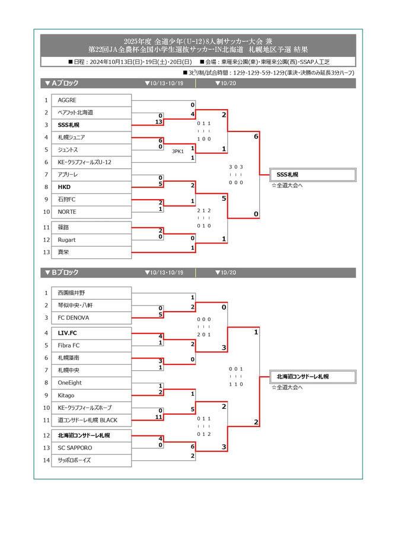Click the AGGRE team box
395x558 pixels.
point(93,100)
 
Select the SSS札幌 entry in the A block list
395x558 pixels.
point(93,125)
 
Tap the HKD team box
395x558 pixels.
point(93,187)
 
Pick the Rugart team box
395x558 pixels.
point(93,240)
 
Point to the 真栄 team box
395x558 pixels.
point(93,252)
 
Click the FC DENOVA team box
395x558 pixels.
point(93,318)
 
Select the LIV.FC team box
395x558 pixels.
point(93,333)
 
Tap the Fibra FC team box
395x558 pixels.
point(93,345)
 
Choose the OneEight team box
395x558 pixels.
point(93,383)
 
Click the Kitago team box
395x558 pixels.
point(93,395)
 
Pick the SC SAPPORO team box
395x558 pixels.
point(93,448)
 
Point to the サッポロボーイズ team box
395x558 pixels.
point(93,460)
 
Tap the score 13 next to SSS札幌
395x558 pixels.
point(159,122)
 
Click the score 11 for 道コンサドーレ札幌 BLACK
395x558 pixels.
point(159,417)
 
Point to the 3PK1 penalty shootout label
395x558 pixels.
point(178,151)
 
